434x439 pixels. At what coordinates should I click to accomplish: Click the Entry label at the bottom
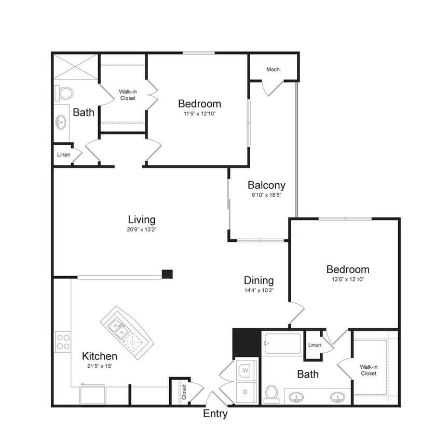coord(215,414)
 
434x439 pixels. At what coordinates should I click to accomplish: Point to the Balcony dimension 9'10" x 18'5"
coord(266,196)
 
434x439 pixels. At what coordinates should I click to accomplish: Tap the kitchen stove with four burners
coord(63,342)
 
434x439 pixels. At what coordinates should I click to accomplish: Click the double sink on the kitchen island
coord(119,328)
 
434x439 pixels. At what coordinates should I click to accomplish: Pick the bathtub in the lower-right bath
coord(282,344)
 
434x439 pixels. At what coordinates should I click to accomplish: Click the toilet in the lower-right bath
coord(272,393)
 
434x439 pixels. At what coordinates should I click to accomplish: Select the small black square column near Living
coord(167,274)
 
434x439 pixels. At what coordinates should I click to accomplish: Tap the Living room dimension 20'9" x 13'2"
coord(142,231)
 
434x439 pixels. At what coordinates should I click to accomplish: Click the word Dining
coord(259,281)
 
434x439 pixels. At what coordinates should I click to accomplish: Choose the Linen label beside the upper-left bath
coord(63,154)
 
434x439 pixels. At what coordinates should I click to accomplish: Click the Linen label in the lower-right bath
coord(315,345)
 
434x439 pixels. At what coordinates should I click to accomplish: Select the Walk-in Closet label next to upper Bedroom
coord(128,95)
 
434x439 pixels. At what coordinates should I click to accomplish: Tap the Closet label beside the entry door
coord(184,392)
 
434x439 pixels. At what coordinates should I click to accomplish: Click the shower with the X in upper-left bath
coord(76,67)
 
